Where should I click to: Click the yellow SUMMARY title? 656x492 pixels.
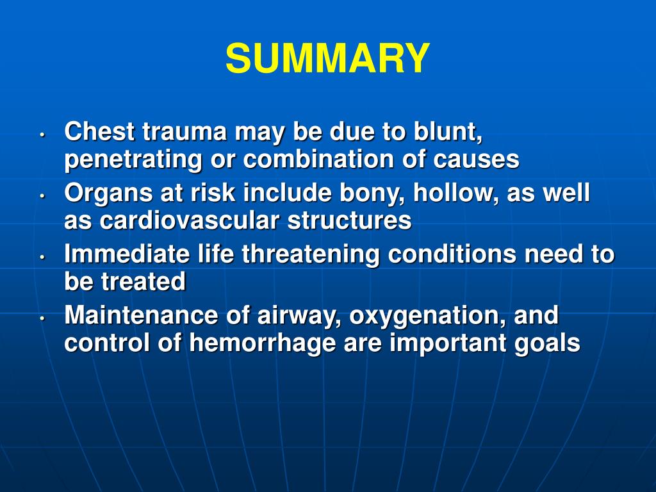pyautogui.click(x=327, y=58)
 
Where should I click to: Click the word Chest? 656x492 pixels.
pyautogui.click(x=99, y=132)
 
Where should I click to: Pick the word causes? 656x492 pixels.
pyautogui.click(x=476, y=160)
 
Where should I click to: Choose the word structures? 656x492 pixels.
pyautogui.click(x=348, y=221)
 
